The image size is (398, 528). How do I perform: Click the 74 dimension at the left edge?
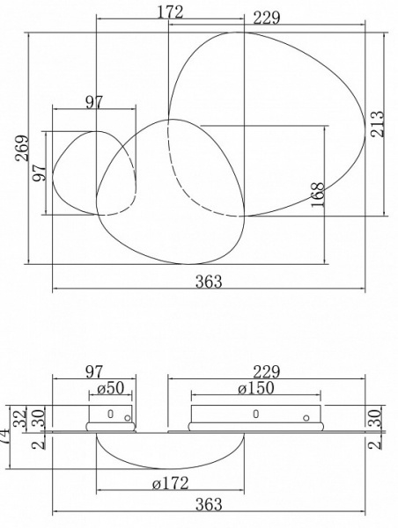5,431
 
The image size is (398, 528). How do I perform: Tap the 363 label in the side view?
209,504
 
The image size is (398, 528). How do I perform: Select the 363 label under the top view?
209,282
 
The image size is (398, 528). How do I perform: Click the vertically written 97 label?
40,172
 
